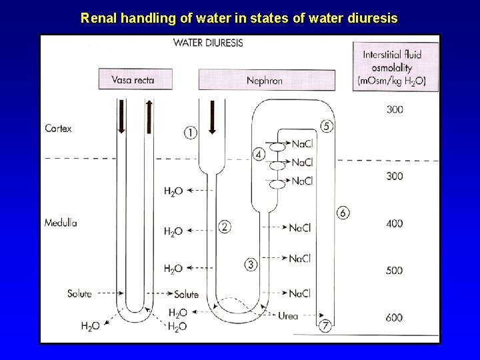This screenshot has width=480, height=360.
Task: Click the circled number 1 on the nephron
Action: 191,133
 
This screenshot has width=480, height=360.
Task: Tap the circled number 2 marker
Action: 225,227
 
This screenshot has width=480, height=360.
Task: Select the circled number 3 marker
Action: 251,265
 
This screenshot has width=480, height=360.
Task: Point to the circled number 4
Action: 259,154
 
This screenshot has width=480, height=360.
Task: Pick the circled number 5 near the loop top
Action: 327,126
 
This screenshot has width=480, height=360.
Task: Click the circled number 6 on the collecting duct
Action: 343,213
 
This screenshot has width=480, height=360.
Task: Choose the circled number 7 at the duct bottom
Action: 325,326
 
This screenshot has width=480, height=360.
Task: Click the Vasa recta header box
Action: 135,79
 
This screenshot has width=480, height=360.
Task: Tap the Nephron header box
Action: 265,80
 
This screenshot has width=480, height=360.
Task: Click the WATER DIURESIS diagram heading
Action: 207,43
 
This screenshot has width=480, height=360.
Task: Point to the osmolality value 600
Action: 394,317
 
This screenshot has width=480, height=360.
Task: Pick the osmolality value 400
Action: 394,223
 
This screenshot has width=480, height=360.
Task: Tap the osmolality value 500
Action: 394,271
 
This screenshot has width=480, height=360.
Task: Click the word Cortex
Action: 58,128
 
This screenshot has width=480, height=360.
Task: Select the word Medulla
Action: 60,222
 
